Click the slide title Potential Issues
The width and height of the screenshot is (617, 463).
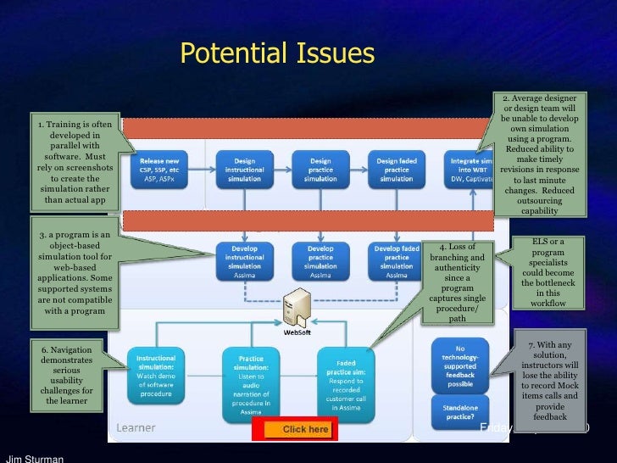(x=277, y=54)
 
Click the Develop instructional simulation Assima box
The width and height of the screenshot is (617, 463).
(x=244, y=261)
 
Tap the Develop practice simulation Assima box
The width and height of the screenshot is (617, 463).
(x=320, y=261)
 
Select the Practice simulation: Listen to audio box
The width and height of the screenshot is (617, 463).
(x=250, y=382)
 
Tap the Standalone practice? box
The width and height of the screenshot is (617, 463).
(x=460, y=413)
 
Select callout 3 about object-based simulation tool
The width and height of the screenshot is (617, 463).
(x=75, y=272)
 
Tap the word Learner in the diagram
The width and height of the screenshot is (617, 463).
(x=136, y=428)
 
